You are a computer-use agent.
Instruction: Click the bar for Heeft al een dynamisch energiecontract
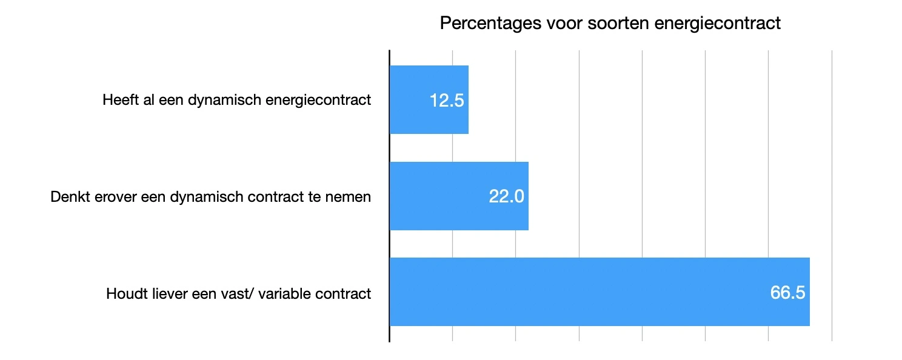[x=429, y=99]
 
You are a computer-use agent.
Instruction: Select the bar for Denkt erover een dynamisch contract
[x=459, y=196]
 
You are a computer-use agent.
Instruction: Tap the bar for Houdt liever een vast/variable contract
[x=599, y=292]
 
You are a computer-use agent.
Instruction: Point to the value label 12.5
[x=447, y=101]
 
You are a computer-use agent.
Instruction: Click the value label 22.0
[x=506, y=196]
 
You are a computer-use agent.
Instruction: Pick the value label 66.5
[x=787, y=292]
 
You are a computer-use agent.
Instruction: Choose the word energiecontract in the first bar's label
[x=318, y=100]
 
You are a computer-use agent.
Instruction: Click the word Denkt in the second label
[x=68, y=197]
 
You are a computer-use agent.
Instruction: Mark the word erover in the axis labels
[x=109, y=197]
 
